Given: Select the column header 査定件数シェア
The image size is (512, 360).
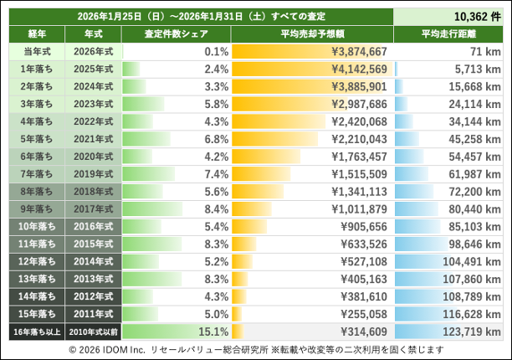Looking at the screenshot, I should [175, 34].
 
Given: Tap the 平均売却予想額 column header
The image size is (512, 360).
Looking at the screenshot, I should [310, 34].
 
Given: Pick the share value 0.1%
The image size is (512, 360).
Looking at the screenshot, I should [216, 52].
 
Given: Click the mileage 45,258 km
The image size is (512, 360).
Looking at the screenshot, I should [474, 139].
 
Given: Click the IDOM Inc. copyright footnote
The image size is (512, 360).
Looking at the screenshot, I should [256, 349].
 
